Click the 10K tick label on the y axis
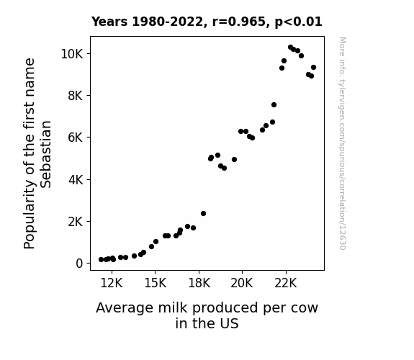click(72, 54)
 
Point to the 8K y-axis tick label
click(76, 96)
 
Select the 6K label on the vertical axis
click(76, 138)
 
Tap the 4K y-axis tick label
click(76, 179)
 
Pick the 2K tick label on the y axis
click(76, 221)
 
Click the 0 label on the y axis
click(79, 264)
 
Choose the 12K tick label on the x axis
click(112, 283)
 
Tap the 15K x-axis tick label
click(156, 283)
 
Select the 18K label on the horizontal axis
click(199, 283)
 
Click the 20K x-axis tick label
click(242, 283)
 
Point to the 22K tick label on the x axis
click(286, 283)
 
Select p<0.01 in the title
click(298, 22)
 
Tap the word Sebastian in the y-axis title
click(46, 154)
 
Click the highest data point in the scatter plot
click(290, 48)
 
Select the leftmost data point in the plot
click(101, 260)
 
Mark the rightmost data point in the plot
click(313, 68)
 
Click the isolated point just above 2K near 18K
click(203, 213)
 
